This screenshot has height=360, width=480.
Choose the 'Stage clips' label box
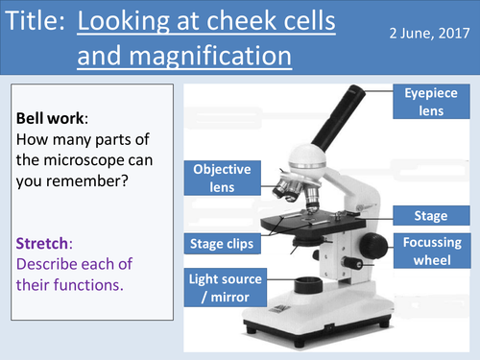click(221, 244)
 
